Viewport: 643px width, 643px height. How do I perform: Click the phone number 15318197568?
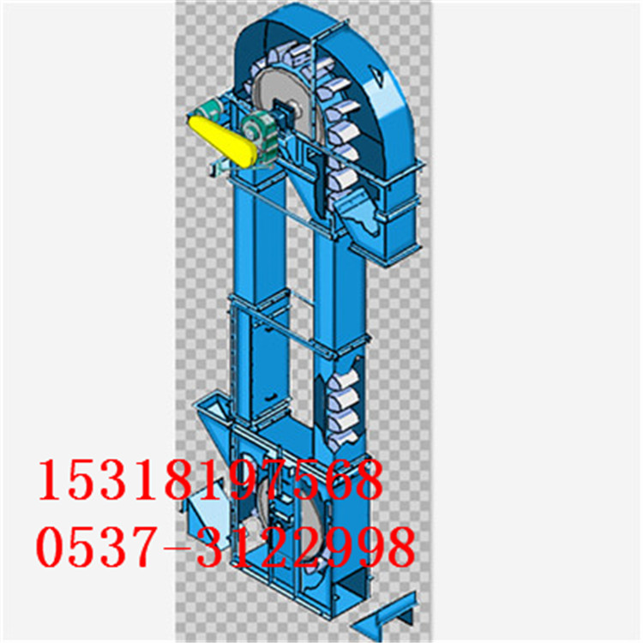(210, 479)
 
